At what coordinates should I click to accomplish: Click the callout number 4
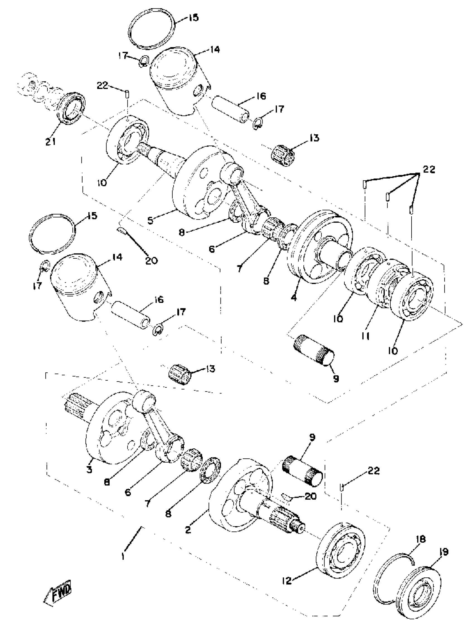293,297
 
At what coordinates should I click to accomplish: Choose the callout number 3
89,470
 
